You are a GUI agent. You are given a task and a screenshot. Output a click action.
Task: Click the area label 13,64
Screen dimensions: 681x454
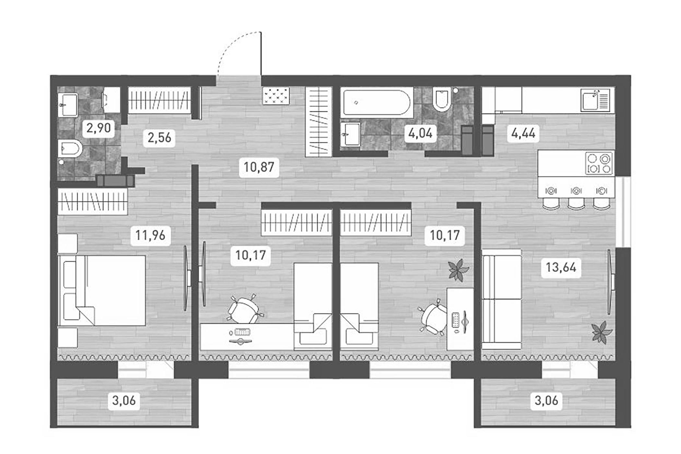pyautogui.click(x=561, y=268)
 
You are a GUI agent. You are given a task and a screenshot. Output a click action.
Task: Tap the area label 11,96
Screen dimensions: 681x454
pyautogui.click(x=150, y=235)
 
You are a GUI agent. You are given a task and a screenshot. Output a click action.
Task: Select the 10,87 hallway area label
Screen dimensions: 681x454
pyautogui.click(x=259, y=167)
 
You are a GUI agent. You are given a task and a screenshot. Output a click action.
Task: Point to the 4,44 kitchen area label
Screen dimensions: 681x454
pyautogui.click(x=523, y=133)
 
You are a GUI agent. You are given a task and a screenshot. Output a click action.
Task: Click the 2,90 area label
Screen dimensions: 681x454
pyautogui.click(x=99, y=128)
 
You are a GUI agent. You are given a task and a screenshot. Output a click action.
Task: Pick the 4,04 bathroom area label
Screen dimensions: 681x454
pyautogui.click(x=420, y=133)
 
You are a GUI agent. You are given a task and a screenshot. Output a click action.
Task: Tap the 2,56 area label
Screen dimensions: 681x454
pyautogui.click(x=159, y=137)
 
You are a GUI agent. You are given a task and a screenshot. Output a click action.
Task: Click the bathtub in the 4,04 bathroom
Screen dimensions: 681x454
pyautogui.click(x=377, y=102)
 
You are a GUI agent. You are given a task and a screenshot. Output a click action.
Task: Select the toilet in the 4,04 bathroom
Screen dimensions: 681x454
pyautogui.click(x=441, y=99)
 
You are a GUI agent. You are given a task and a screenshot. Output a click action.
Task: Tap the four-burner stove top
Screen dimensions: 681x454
pyautogui.click(x=599, y=163)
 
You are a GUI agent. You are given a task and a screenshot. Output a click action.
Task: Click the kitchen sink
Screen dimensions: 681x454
pyautogui.click(x=596, y=101)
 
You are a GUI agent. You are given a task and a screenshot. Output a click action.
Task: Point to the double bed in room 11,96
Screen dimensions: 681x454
pyautogui.click(x=102, y=291)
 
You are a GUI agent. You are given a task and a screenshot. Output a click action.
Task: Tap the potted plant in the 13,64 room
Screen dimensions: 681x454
pyautogui.click(x=602, y=332)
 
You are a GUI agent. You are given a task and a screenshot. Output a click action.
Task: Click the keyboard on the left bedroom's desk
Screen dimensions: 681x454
pyautogui.click(x=242, y=332)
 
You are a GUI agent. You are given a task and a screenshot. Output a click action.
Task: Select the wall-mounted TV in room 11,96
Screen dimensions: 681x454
pyautogui.click(x=186, y=278)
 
